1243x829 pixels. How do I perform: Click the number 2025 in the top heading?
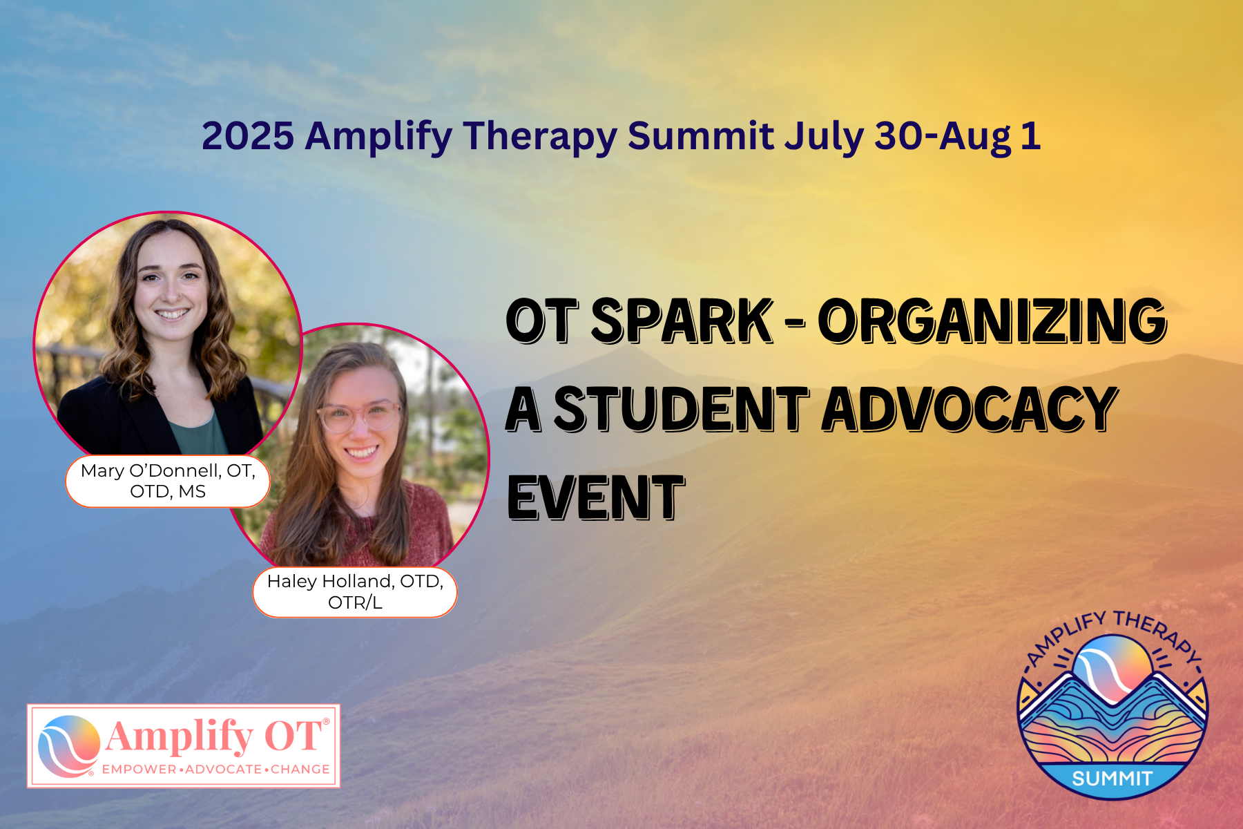[248, 135]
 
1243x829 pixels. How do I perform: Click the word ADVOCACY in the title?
[970, 409]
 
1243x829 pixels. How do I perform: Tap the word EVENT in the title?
[596, 497]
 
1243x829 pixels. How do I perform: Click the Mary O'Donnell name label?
[168, 481]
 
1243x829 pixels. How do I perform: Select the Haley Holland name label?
[355, 592]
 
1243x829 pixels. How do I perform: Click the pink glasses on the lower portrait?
[359, 417]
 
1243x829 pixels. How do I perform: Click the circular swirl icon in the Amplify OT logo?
[68, 746]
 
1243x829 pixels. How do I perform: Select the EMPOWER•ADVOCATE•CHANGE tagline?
[216, 769]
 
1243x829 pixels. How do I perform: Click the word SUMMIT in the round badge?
[1112, 779]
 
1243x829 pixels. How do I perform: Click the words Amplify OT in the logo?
[215, 736]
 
